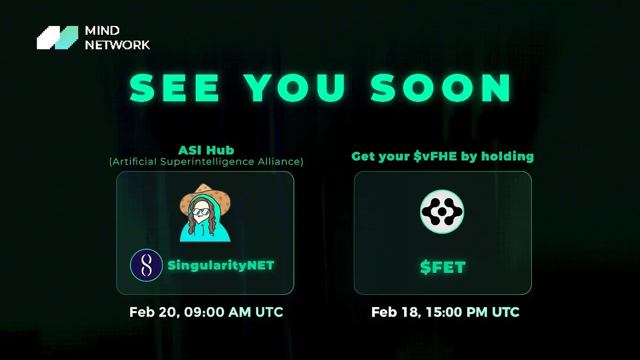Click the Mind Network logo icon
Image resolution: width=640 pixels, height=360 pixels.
58,37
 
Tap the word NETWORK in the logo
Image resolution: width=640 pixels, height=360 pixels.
117,45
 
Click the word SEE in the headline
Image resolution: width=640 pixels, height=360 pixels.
175,87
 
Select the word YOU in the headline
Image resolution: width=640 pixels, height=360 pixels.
295,87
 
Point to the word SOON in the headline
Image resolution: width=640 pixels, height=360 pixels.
440,87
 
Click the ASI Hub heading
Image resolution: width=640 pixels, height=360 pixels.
206,150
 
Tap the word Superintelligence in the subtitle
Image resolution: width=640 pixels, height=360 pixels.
208,162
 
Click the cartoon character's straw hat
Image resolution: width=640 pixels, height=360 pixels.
205,198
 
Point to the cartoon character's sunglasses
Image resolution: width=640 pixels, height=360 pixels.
201,212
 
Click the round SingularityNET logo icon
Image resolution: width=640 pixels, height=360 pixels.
146,265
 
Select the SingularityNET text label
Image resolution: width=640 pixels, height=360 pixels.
221,265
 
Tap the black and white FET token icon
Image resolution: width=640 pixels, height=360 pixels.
442,212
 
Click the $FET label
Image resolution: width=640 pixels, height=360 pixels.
443,267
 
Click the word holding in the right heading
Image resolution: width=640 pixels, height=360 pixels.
507,156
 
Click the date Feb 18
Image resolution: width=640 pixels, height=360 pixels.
396,312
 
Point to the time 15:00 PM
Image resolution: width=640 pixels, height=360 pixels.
457,312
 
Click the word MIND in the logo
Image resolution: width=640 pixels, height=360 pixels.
102,31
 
